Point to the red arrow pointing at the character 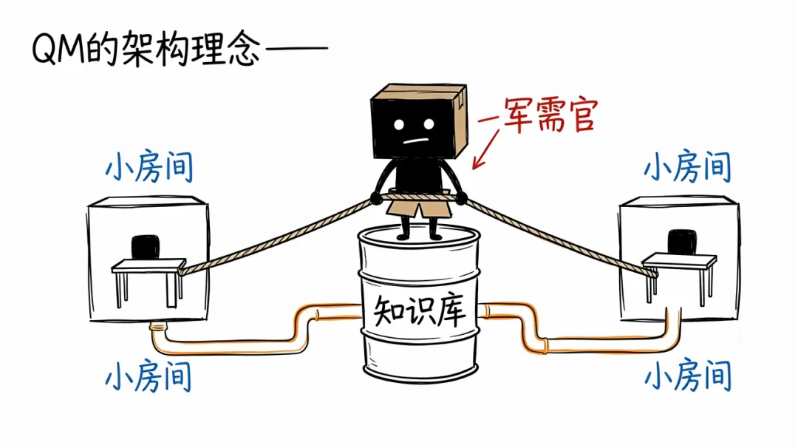(485, 149)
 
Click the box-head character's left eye (399, 125)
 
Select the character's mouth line (416, 140)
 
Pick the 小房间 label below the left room (149, 376)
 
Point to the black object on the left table (146, 248)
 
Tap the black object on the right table (682, 242)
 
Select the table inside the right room (680, 277)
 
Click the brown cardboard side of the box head (457, 119)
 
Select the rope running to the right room (561, 237)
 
